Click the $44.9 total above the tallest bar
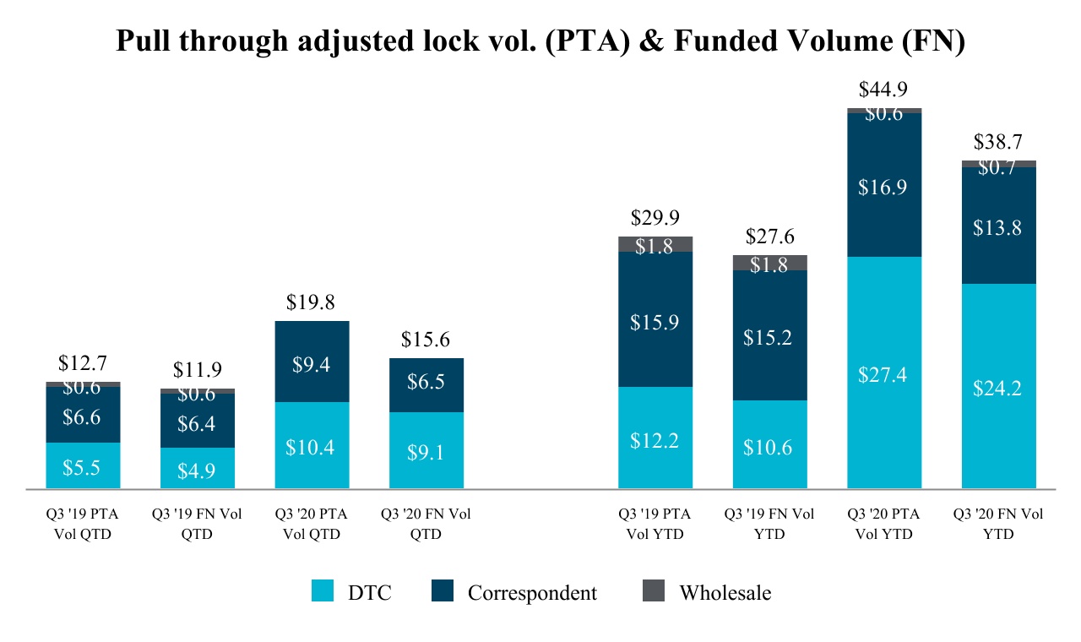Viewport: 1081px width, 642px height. coord(884,90)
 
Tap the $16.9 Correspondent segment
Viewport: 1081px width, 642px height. coord(884,188)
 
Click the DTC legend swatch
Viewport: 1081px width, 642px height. coord(323,592)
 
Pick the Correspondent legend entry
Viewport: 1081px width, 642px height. coord(532,593)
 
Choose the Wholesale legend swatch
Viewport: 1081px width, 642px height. coord(654,592)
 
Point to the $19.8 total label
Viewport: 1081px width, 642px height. coord(312,302)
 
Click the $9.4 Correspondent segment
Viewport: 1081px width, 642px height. coord(312,365)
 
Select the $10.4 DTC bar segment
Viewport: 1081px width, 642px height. coord(312,447)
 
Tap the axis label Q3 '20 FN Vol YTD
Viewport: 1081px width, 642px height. coord(998,524)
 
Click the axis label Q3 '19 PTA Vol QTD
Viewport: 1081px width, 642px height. coord(83,524)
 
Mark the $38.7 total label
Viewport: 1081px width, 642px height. coord(999,142)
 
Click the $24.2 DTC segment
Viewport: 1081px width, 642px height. coord(999,389)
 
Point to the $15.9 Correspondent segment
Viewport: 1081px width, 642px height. coord(655,322)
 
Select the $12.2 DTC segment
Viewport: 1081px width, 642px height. coord(655,439)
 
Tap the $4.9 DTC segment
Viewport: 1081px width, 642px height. coord(198,470)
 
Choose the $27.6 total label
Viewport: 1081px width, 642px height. coord(769,237)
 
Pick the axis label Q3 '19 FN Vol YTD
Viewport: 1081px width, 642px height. coord(769,524)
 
